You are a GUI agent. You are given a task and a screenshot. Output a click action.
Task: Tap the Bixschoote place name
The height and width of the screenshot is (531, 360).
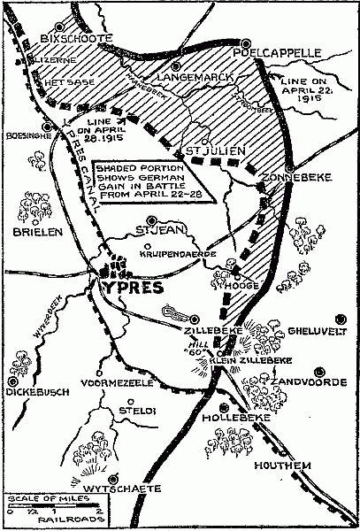click(x=75, y=40)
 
